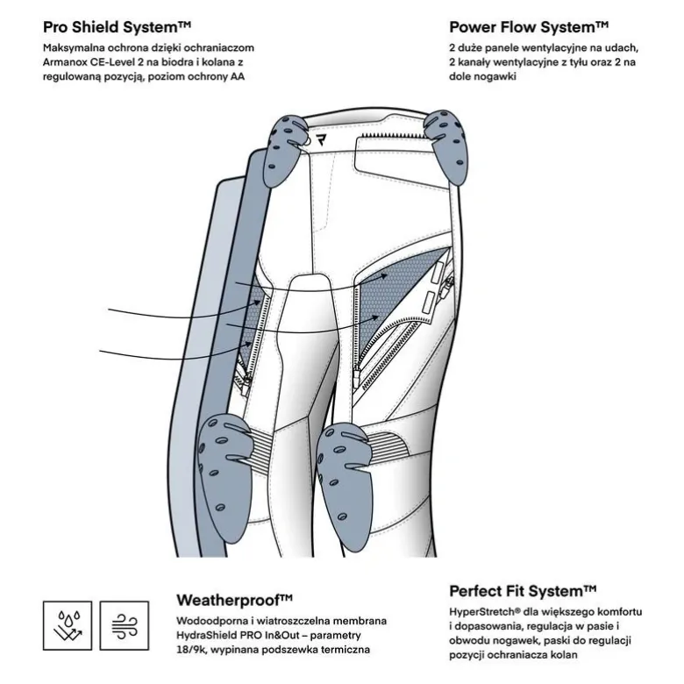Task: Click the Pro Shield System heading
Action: point(117,27)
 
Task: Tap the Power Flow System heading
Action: point(529,27)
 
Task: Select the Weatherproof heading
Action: point(234,600)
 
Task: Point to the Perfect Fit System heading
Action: point(523,592)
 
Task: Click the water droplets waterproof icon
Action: point(68,625)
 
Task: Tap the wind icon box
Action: point(125,625)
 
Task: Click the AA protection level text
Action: point(238,76)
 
